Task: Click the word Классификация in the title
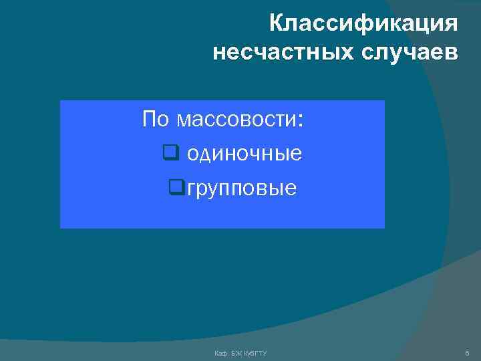click(363, 25)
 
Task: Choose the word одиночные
click(244, 154)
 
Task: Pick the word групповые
click(241, 189)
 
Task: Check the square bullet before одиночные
click(169, 154)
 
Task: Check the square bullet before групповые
click(176, 189)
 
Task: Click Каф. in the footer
click(221, 352)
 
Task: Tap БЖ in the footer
click(235, 352)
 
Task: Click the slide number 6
click(466, 352)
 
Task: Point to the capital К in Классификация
click(277, 25)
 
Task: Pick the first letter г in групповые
click(191, 189)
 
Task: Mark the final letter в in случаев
click(452, 51)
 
